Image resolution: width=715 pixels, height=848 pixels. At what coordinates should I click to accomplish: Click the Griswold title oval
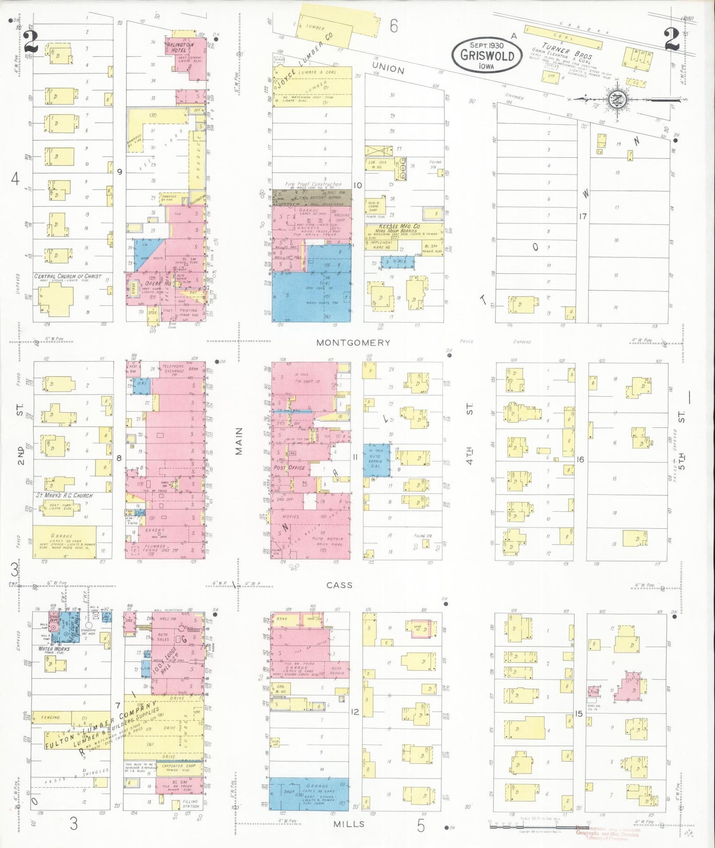click(x=487, y=54)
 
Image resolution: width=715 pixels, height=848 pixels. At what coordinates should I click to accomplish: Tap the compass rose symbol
click(x=617, y=99)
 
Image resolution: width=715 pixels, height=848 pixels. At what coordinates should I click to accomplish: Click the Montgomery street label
click(x=353, y=342)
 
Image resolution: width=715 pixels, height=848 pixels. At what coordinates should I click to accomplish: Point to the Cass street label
click(x=339, y=585)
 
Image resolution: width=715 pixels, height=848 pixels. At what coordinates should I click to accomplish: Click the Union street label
click(x=388, y=68)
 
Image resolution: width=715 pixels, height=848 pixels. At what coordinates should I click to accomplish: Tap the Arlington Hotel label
click(x=179, y=47)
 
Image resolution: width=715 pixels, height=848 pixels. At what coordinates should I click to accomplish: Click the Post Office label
click(x=290, y=468)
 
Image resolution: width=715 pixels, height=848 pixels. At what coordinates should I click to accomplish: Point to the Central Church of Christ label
click(x=68, y=276)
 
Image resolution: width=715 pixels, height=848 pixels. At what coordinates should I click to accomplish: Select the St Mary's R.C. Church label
click(x=64, y=495)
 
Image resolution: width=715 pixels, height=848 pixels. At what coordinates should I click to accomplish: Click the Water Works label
click(x=54, y=649)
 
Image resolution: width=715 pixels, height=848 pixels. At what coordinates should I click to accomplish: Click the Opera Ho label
click(x=158, y=284)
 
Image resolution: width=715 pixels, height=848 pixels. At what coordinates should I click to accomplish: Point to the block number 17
click(x=583, y=216)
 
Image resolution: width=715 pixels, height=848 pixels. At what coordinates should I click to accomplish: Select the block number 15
click(x=579, y=713)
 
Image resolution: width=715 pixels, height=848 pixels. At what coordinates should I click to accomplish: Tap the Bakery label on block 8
click(x=154, y=530)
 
